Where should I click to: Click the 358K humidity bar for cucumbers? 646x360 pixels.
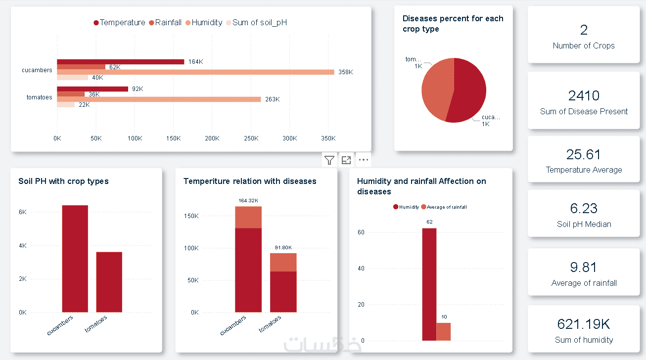(195, 72)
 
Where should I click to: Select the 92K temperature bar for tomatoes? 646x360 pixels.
(92, 89)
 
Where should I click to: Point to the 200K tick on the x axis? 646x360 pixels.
(212, 138)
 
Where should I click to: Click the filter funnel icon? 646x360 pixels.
(329, 160)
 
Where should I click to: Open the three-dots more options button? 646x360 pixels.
(364, 160)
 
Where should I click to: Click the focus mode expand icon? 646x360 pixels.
(346, 160)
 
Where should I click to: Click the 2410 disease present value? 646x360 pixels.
(584, 95)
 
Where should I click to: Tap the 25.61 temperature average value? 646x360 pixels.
(584, 155)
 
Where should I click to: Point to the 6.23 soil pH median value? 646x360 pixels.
(584, 209)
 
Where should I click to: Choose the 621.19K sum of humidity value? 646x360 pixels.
(584, 324)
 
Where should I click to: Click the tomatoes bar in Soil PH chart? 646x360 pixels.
(109, 282)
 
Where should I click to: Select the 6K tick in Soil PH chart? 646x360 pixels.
(22, 212)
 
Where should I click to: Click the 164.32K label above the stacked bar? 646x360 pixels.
(248, 200)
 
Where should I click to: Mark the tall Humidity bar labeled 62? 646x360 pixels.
(429, 284)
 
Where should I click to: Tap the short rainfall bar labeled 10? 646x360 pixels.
(443, 332)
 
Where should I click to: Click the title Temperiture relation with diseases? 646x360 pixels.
(250, 181)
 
